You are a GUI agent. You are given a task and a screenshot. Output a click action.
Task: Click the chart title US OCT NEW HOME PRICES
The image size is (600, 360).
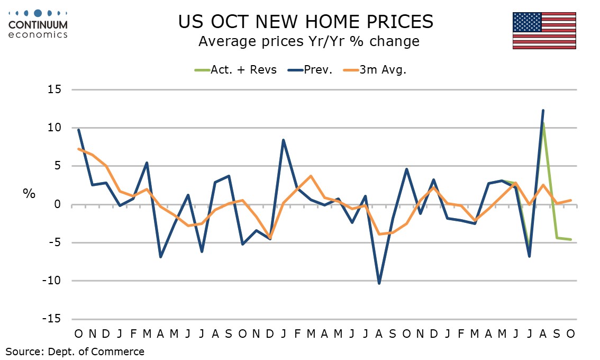tap(305, 22)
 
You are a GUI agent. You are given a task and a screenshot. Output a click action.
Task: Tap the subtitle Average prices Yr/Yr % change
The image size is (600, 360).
tap(308, 41)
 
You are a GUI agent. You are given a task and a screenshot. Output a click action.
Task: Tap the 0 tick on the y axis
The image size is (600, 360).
tap(58, 204)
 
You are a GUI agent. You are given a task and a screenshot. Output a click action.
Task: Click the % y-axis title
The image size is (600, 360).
tap(29, 194)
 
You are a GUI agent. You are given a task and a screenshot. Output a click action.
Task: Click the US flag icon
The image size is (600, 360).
tap(544, 31)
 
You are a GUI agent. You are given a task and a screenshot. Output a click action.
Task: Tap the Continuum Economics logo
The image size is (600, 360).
tap(38, 24)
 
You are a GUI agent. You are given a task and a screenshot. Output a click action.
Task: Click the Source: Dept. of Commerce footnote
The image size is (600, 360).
tap(75, 351)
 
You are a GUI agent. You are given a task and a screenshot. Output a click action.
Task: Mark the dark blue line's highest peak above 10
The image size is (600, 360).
tap(543, 110)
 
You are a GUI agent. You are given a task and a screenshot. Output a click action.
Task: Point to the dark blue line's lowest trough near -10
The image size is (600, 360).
tap(379, 283)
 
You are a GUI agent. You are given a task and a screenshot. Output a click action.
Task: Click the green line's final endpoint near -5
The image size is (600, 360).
tap(570, 239)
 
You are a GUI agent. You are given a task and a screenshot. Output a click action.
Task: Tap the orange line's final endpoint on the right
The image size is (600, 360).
tap(570, 200)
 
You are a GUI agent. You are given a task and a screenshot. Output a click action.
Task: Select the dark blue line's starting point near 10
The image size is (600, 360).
tap(78, 130)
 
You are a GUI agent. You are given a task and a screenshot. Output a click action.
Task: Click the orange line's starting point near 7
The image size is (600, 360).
tap(78, 149)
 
